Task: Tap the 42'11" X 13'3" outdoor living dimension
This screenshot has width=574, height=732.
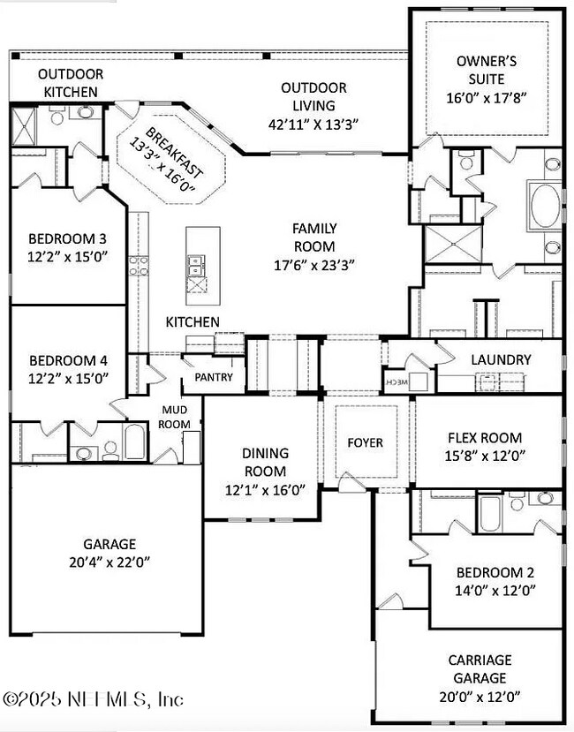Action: click(313, 124)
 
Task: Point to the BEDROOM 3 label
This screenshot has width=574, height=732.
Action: click(67, 238)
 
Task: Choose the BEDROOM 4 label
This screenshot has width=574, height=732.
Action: click(67, 360)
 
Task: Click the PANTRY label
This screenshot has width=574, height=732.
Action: click(215, 377)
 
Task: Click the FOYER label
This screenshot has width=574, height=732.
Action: click(365, 441)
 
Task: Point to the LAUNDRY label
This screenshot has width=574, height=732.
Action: click(501, 359)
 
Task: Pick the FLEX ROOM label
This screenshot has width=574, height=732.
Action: click(485, 437)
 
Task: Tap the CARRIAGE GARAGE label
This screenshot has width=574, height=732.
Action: click(480, 668)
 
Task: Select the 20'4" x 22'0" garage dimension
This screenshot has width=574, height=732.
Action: click(110, 562)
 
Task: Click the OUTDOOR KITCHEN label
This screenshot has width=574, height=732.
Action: click(71, 82)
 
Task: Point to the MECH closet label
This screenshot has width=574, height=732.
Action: click(394, 381)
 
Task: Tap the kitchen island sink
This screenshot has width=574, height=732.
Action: click(195, 261)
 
